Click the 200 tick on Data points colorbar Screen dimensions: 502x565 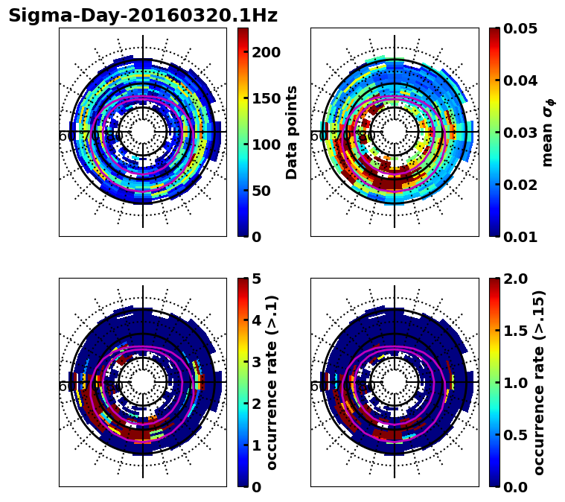click(x=266, y=52)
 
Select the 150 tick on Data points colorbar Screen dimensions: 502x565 click(x=266, y=98)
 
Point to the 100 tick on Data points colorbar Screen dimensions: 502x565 click(x=266, y=144)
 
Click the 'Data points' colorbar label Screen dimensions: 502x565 click(x=292, y=132)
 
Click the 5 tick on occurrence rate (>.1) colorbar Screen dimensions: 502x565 click(x=257, y=279)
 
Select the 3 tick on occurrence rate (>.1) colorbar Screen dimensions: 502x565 click(x=257, y=363)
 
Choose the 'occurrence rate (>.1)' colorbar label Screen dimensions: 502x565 click(x=272, y=382)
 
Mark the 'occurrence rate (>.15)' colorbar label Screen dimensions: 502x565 click(x=539, y=382)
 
